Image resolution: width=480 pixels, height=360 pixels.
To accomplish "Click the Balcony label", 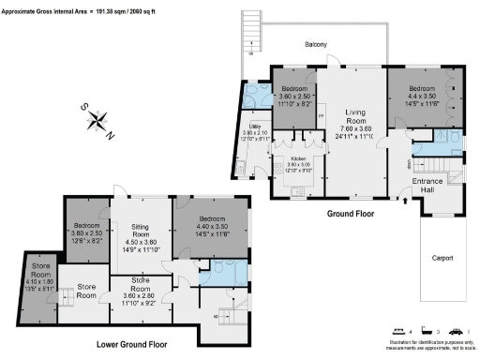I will (x=314, y=44).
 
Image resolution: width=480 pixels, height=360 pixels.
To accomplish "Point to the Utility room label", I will (x=253, y=127).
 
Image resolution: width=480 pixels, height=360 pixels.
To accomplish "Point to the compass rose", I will (x=101, y=119).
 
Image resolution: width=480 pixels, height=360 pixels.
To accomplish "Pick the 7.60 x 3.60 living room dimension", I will (x=355, y=129).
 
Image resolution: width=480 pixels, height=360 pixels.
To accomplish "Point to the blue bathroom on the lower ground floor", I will (x=225, y=273).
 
